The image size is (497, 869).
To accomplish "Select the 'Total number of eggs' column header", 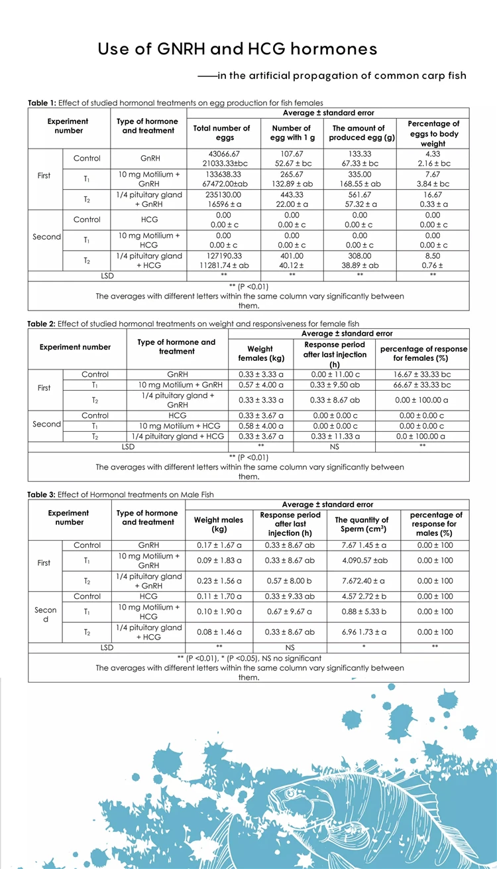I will (x=221, y=133).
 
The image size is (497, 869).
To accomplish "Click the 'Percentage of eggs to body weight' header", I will (x=433, y=133).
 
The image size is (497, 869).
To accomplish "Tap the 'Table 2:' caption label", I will (x=42, y=324).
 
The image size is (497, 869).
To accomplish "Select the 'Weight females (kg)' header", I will (x=260, y=353).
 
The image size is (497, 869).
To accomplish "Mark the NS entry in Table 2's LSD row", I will (x=335, y=446).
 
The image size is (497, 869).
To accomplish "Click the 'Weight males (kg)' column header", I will (x=219, y=524).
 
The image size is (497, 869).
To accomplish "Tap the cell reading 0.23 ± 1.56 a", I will (x=219, y=580).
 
